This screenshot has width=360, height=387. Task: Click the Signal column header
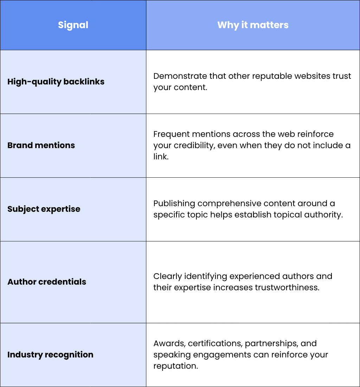(73, 25)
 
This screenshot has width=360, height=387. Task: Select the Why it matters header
(253, 25)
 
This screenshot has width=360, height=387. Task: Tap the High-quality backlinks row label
(56, 82)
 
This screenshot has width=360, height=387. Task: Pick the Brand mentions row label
(41, 145)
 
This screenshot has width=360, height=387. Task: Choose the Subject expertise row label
(44, 209)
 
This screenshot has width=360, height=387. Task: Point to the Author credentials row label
(47, 281)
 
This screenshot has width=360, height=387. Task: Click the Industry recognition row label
(50, 355)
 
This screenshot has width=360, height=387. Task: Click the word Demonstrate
(180, 76)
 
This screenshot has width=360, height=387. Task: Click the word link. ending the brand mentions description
(161, 157)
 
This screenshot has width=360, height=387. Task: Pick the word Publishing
(174, 203)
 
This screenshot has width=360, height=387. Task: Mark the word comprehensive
(229, 203)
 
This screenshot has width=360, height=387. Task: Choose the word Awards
(169, 344)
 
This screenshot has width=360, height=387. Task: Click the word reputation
(175, 366)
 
